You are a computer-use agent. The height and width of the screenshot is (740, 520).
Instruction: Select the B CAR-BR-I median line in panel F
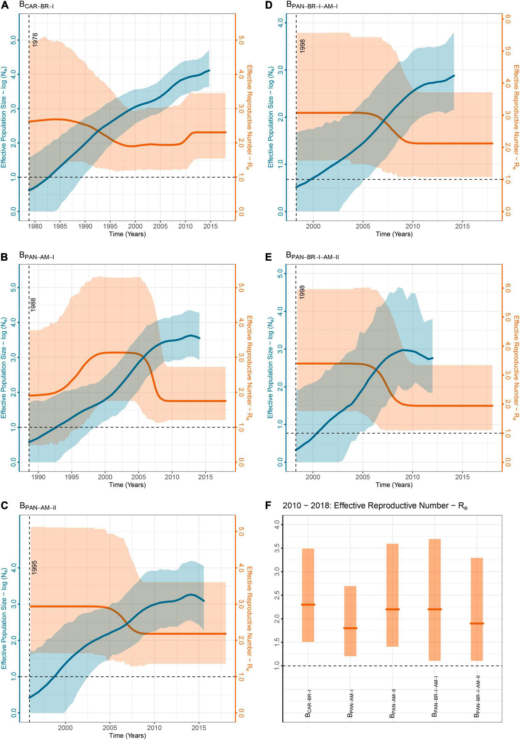(308, 604)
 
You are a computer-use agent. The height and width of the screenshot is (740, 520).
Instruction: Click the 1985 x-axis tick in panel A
(60, 226)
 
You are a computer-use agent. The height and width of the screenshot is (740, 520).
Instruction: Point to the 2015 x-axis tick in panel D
(462, 226)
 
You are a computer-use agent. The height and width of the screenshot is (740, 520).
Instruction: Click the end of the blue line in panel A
(209, 70)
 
